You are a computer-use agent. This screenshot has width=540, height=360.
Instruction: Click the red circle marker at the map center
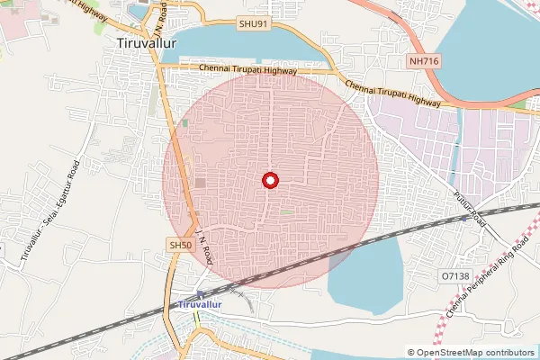pyautogui.click(x=269, y=181)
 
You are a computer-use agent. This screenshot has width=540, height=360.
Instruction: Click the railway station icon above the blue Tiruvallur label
pyautogui.click(x=200, y=293)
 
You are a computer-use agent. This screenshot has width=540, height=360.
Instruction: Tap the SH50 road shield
pyautogui.click(x=180, y=245)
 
